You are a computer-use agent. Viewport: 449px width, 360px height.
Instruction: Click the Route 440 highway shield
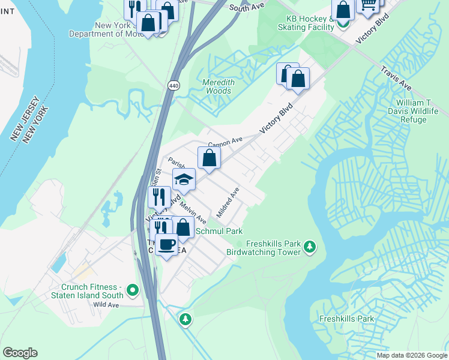174,86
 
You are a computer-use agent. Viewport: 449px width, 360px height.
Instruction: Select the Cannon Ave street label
224,142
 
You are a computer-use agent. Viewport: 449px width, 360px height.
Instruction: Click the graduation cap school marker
184,179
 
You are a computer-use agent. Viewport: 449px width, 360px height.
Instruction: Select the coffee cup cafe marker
167,244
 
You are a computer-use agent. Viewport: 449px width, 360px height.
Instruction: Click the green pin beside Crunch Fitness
133,291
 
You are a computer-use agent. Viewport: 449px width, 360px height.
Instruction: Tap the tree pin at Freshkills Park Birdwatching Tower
310,246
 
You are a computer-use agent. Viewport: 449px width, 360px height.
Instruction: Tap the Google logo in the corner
20,353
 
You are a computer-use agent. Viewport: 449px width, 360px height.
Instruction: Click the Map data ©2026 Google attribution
411,355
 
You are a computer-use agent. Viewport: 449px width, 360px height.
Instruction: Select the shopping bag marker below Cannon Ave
209,158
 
